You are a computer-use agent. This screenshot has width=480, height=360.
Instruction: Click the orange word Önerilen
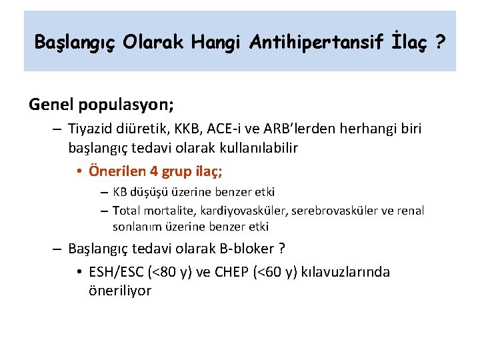click(119, 171)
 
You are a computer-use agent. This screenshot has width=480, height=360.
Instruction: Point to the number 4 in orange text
click(155, 171)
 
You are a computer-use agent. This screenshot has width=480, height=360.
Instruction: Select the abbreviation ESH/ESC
click(119, 272)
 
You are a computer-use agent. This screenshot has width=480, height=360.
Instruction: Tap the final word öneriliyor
click(119, 291)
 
